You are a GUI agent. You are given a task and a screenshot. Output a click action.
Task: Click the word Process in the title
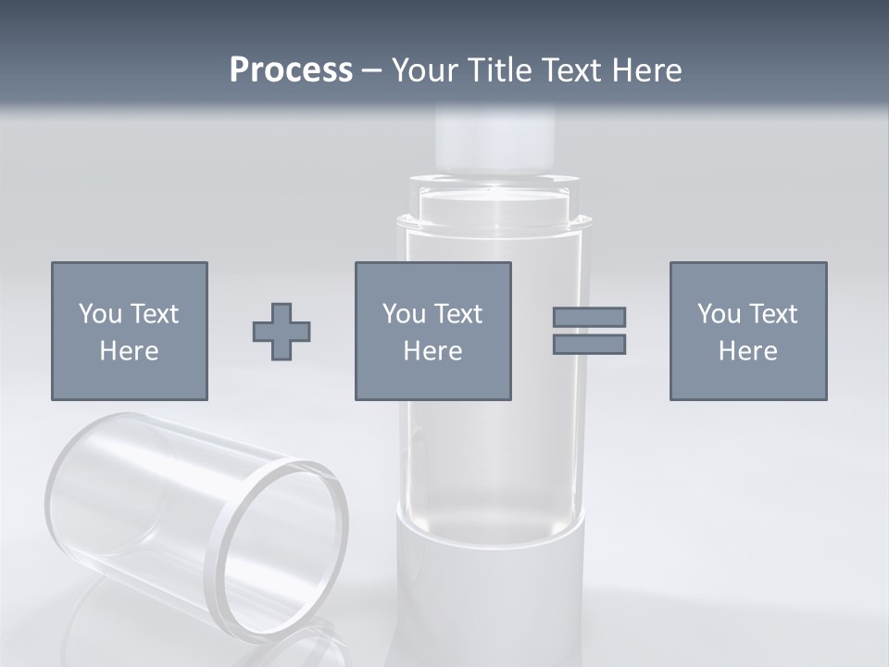click(x=291, y=70)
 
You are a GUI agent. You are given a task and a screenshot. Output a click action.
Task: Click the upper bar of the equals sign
click(x=589, y=317)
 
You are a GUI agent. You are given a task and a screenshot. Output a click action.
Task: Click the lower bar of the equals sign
click(x=589, y=345)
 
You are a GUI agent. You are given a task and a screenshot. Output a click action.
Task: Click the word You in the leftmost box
click(x=100, y=314)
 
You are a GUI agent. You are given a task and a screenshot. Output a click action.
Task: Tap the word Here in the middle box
click(x=432, y=351)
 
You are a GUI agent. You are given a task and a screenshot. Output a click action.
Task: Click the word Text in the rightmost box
click(x=772, y=314)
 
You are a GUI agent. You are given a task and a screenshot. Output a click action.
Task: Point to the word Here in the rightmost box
click(x=747, y=351)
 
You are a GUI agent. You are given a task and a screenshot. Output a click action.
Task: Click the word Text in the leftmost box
click(x=154, y=314)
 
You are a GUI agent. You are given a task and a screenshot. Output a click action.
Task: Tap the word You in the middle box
click(x=404, y=314)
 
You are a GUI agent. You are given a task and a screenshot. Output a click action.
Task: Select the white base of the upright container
click(x=491, y=593)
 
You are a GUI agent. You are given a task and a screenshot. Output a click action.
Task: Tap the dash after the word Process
click(x=372, y=71)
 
